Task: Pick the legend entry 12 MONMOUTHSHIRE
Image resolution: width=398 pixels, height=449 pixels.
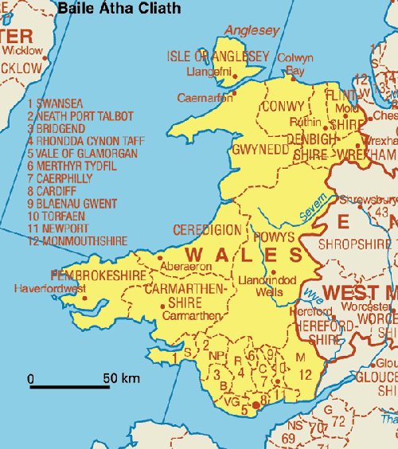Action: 77,241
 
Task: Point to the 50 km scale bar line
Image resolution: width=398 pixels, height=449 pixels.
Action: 70,387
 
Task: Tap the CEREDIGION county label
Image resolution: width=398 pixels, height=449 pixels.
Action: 207,230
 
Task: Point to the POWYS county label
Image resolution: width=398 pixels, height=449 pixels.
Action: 275,237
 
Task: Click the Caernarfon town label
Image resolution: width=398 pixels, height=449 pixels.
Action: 205,98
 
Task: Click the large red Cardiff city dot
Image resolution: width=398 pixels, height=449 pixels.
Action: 256,406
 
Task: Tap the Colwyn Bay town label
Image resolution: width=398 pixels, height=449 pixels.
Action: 295,64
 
